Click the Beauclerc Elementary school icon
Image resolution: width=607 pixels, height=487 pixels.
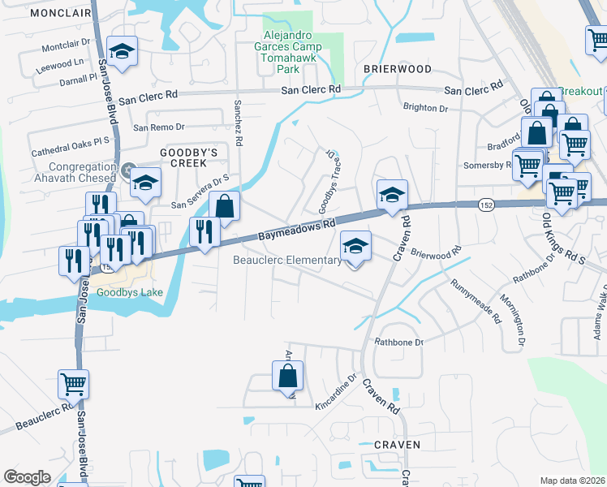point(355,247)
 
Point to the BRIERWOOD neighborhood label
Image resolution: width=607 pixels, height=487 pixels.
point(396,69)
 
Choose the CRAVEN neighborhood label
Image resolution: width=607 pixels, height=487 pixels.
point(398,445)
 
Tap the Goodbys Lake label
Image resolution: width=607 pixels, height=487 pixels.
point(130,292)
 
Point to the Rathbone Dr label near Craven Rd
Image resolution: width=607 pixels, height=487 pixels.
point(398,343)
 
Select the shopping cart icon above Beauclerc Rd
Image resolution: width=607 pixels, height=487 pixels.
point(74,383)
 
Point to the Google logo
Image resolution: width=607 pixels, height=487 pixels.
point(28,477)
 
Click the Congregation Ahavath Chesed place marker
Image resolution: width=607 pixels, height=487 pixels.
point(132,170)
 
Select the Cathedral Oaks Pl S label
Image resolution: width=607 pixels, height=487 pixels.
point(71,146)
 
